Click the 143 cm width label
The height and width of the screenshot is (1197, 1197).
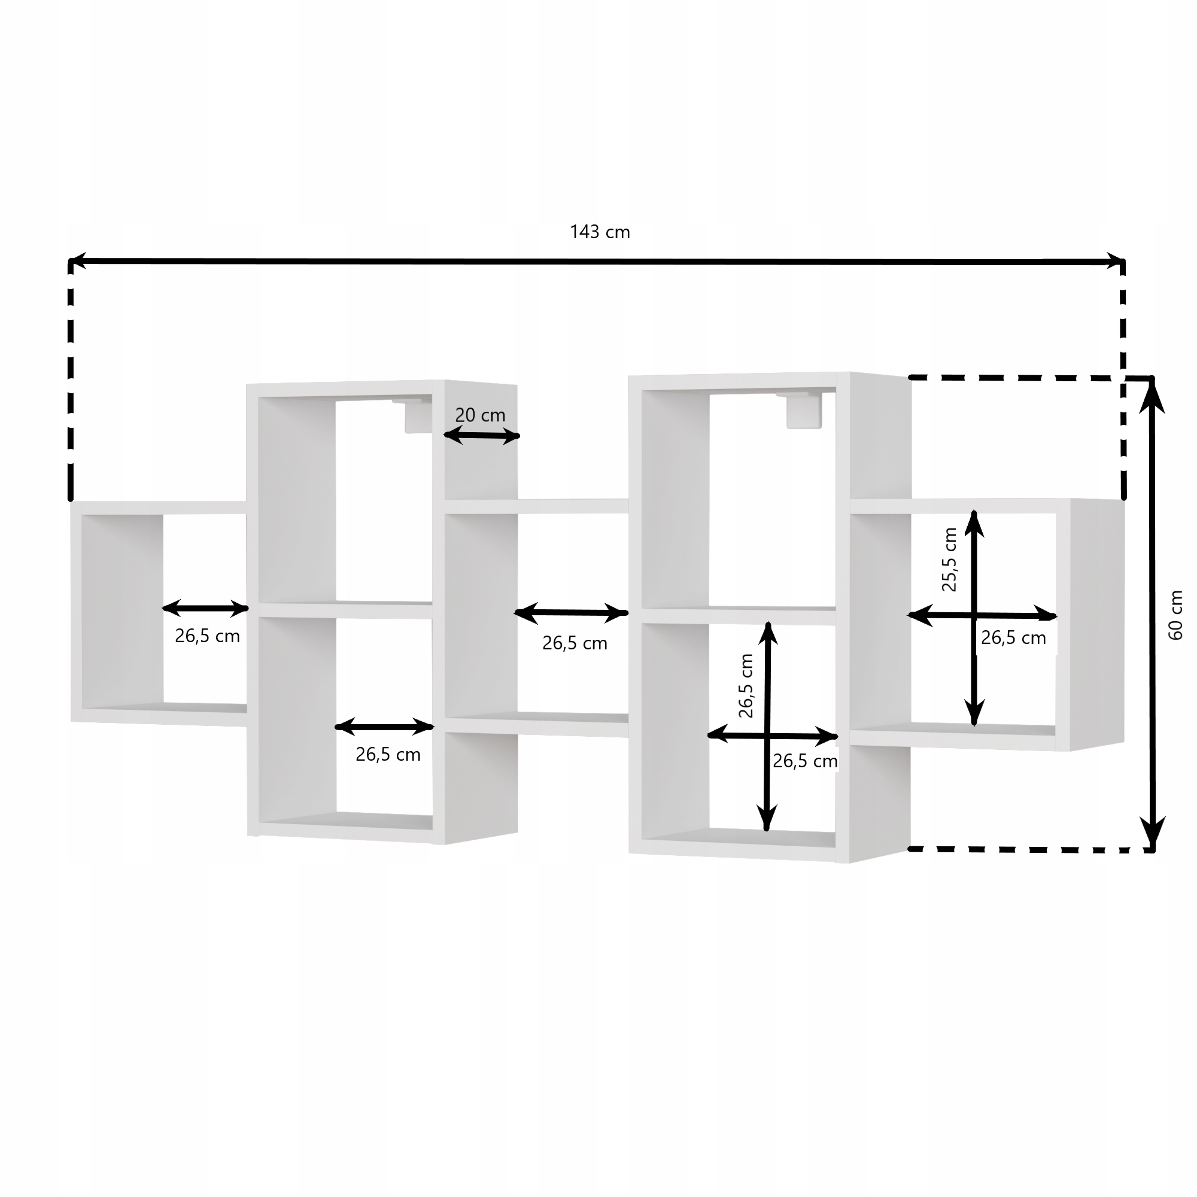(600, 232)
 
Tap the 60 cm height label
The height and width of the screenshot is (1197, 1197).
(1175, 615)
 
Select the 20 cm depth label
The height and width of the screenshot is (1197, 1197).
(480, 415)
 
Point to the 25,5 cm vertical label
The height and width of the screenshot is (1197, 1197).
(949, 560)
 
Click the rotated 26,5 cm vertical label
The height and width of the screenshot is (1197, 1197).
(746, 686)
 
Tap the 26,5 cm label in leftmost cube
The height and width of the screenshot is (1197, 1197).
(207, 636)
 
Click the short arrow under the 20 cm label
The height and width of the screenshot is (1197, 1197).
(481, 436)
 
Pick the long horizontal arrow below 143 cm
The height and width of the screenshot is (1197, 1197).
(597, 262)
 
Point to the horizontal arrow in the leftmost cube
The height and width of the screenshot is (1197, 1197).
(205, 609)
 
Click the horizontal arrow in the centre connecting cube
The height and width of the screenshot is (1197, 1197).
(571, 613)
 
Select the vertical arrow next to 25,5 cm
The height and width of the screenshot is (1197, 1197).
(974, 618)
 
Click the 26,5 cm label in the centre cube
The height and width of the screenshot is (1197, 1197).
(575, 643)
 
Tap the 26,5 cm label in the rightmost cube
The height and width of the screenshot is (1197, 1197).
(1013, 637)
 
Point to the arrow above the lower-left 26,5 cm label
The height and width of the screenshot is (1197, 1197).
(384, 727)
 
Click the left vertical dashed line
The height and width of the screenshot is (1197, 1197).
(71, 379)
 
